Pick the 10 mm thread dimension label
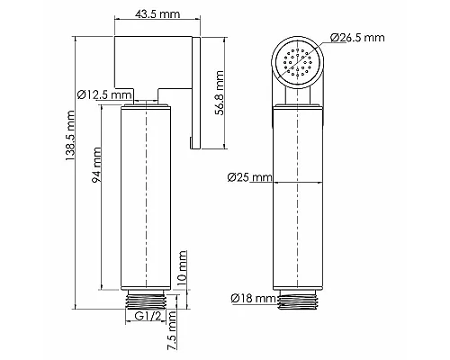[183, 268]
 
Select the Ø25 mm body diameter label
[250, 176]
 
